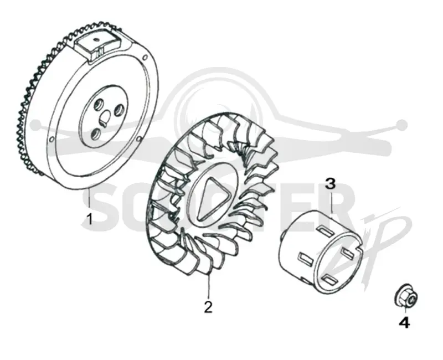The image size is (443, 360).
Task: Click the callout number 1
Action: [x=90, y=219]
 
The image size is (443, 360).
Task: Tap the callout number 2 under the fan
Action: [x=208, y=307]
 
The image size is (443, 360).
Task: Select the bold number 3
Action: [x=330, y=184]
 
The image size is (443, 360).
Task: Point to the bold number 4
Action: [x=404, y=322]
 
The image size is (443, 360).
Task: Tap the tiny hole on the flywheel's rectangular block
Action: [x=96, y=39]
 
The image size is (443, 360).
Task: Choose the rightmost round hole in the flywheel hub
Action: [x=118, y=110]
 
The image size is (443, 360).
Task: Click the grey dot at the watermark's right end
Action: [x=402, y=124]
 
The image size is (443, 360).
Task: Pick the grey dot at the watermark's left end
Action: [x=35, y=124]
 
